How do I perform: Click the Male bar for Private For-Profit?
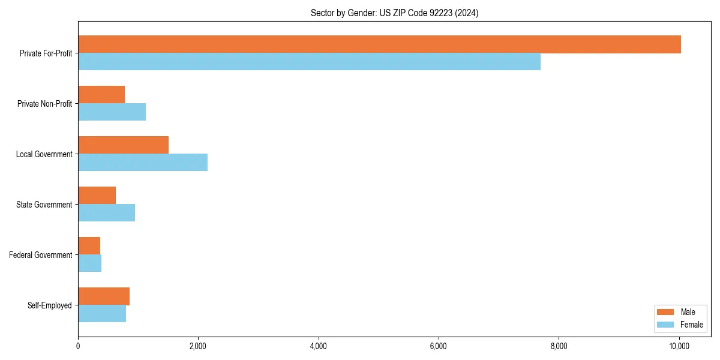[379, 44]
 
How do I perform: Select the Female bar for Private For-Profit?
[309, 62]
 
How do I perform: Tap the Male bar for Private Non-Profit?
[101, 95]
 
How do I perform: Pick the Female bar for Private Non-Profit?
[112, 112]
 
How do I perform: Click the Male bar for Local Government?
[123, 145]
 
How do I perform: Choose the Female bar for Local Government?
[143, 163]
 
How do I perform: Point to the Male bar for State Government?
[97, 196]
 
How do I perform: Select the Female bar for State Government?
[106, 213]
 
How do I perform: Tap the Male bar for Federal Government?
[89, 246]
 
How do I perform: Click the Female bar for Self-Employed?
[102, 314]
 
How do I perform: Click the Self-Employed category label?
[49, 305]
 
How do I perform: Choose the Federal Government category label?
[40, 255]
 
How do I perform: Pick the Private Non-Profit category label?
[44, 104]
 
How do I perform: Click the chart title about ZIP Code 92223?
[394, 13]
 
